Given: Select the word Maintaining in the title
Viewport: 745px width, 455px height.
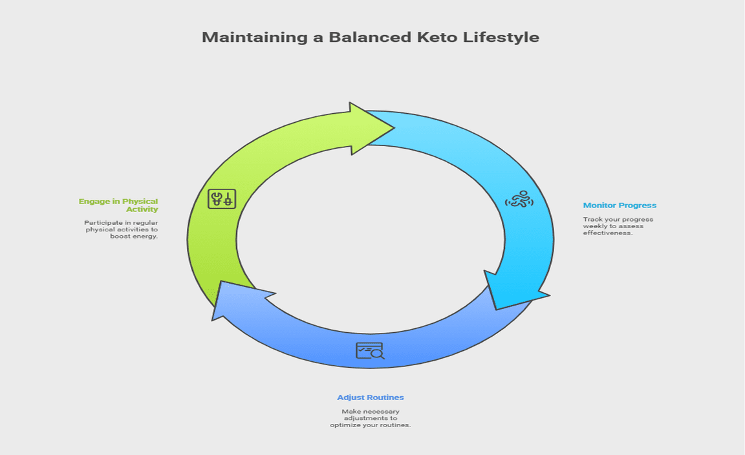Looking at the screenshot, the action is coord(255,37).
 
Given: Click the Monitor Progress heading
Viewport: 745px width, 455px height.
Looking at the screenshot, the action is coord(620,205).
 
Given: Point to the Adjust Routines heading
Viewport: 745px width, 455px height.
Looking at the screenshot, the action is coord(371,397).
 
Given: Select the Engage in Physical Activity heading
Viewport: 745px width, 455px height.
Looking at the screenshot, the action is coord(118,205).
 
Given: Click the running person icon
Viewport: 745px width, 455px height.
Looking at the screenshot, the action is coord(519,200).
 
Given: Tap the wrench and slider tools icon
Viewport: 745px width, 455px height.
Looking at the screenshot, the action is coord(222,199).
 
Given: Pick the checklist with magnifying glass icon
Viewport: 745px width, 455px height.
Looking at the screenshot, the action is coord(370,351).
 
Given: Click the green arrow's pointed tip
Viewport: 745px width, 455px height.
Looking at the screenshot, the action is coord(394,127).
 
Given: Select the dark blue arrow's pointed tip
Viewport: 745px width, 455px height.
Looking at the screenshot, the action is coord(212,320).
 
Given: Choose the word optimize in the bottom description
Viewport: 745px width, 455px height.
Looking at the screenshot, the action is coord(345,425).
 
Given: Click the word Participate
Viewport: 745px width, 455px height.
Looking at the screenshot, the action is coord(100,223).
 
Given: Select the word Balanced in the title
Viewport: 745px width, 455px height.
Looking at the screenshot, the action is coord(370,37).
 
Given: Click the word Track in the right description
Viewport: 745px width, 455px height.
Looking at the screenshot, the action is coord(592,220).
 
